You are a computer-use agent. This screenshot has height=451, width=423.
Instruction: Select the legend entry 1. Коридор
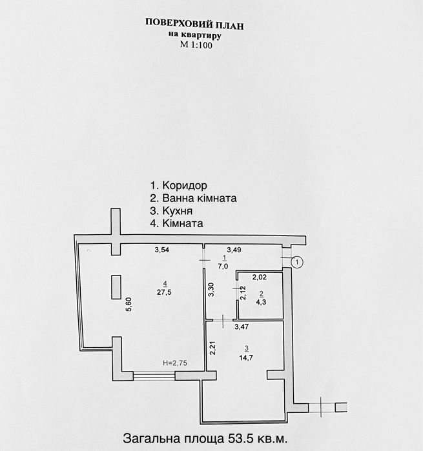pyautogui.click(x=174, y=185)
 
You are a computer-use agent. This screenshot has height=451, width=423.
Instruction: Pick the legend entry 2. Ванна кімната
pyautogui.click(x=192, y=198)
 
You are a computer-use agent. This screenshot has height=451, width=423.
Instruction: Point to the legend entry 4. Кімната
pyautogui.click(x=176, y=224)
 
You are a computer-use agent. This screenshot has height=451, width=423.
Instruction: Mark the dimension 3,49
pyautogui.click(x=233, y=249)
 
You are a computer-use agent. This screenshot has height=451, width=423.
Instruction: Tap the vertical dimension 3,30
pyautogui.click(x=211, y=290)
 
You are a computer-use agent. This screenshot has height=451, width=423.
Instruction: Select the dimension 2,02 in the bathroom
pyautogui.click(x=260, y=277)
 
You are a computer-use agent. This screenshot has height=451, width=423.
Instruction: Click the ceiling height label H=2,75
pyautogui.click(x=174, y=363)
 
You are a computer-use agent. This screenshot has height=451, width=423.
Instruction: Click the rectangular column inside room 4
pyautogui.click(x=116, y=286)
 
